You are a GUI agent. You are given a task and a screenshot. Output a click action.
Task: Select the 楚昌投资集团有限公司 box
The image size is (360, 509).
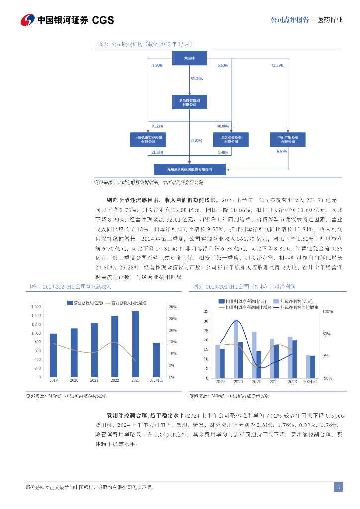pyautogui.click(x=190, y=102)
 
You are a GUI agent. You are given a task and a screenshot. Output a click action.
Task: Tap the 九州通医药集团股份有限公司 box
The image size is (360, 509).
pyautogui.click(x=190, y=170)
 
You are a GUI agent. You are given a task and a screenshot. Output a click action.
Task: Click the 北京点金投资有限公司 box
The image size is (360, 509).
pyautogui.click(x=230, y=139)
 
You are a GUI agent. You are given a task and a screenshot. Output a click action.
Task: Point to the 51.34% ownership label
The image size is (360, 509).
pyautogui.click(x=197, y=79)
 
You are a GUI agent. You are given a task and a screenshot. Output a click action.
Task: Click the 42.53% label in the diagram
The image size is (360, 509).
pyautogui.click(x=277, y=66)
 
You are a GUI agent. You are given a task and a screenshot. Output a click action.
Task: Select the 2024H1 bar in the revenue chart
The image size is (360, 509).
pyautogui.click(x=156, y=360)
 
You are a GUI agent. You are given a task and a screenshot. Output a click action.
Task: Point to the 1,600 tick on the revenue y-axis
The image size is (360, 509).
pyautogui.click(x=36, y=307)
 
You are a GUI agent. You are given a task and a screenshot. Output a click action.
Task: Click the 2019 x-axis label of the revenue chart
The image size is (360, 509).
pyautogui.click(x=53, y=380)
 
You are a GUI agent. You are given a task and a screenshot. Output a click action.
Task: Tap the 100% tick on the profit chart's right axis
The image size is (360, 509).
pyautogui.click(x=328, y=311)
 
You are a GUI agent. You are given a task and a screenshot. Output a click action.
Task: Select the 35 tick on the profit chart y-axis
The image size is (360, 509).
pyautogui.click(x=206, y=311)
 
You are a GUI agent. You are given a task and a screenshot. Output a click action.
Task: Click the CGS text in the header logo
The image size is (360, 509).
pyautogui.click(x=103, y=20)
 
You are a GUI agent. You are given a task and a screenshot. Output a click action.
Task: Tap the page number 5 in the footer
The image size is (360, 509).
pyautogui.click(x=338, y=487)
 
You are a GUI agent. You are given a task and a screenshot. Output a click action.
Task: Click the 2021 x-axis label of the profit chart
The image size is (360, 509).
pyautogui.click(x=256, y=382)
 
